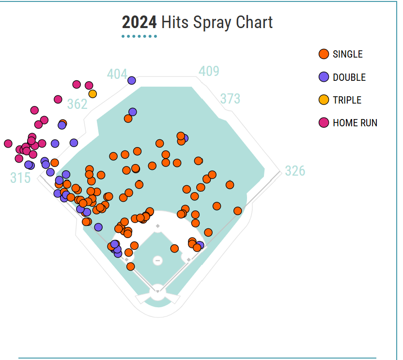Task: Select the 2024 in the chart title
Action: click(x=139, y=22)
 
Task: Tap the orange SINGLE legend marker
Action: click(x=324, y=54)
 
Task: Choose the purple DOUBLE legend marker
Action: click(x=324, y=77)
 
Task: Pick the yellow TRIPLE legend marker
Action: click(x=324, y=100)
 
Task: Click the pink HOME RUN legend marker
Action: click(x=324, y=122)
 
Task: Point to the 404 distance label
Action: click(x=117, y=74)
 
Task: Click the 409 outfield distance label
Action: click(x=209, y=71)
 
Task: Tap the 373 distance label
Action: click(x=230, y=99)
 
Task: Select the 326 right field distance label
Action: click(x=295, y=171)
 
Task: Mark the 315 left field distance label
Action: click(x=20, y=178)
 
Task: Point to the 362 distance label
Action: click(x=77, y=104)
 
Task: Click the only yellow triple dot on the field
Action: click(x=93, y=94)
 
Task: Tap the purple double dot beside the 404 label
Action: click(x=131, y=80)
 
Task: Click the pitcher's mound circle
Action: click(x=157, y=260)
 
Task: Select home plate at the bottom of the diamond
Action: click(x=157, y=292)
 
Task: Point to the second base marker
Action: click(x=157, y=226)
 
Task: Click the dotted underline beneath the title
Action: click(x=139, y=36)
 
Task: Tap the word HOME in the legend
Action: click(x=343, y=123)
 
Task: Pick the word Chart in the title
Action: click(x=254, y=22)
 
